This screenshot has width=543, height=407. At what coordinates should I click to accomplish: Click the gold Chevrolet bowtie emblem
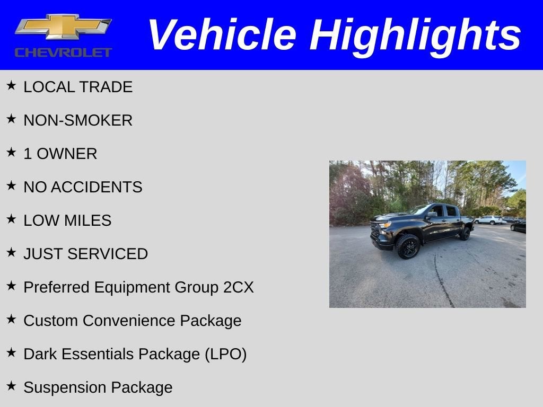[x=63, y=26]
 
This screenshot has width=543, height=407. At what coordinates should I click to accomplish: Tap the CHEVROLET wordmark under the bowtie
[x=63, y=52]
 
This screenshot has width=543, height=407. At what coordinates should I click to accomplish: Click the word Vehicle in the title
[x=222, y=35]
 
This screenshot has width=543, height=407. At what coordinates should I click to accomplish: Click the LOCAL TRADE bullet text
[x=78, y=87]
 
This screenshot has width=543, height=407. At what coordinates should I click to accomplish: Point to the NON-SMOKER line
[x=78, y=120]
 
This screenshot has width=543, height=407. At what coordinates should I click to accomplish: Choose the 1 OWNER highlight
[x=60, y=154]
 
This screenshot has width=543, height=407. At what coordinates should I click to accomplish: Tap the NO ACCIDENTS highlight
[x=83, y=187]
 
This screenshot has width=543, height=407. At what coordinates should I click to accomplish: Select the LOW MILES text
[x=67, y=220]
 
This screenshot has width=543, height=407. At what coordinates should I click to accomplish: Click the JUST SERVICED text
[x=85, y=254]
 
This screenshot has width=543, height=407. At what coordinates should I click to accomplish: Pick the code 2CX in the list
[x=238, y=287]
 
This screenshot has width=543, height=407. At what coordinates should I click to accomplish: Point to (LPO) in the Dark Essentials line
[x=225, y=354]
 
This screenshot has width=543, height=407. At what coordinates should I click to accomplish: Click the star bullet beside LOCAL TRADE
[x=12, y=85]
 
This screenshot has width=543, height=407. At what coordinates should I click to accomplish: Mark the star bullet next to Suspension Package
[x=12, y=386]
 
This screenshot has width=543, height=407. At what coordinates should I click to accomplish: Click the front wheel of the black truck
[x=408, y=246]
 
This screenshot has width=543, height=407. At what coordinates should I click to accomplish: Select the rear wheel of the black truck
[x=465, y=233]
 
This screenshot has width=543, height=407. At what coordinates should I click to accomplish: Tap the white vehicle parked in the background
[x=488, y=219]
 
